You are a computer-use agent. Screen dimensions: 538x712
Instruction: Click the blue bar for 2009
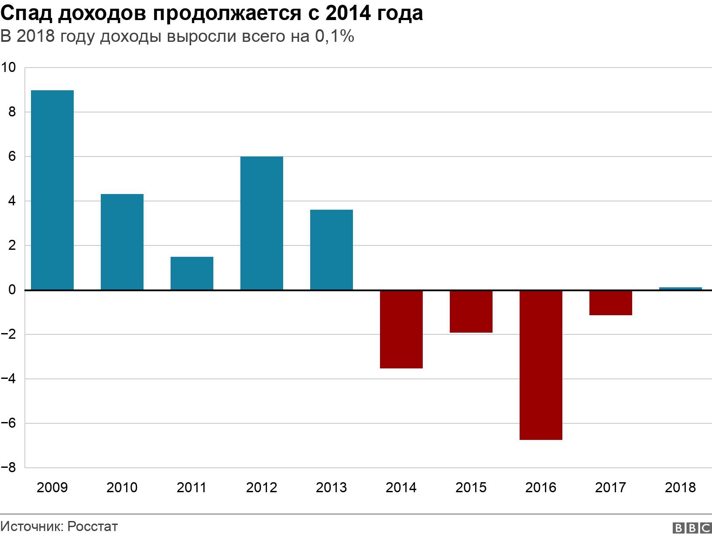52,190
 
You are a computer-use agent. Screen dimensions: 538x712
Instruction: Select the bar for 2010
122,242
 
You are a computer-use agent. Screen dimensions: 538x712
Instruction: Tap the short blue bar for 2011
192,273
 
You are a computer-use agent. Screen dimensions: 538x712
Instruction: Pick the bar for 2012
262,223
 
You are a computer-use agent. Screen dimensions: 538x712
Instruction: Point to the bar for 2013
332,250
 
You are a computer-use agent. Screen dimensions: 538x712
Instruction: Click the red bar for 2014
401,329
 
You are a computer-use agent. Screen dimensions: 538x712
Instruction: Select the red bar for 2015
471,311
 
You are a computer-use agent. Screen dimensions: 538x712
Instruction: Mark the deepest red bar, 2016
541,365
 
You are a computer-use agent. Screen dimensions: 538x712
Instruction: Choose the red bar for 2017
611,303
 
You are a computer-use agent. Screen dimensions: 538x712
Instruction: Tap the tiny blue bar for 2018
681,289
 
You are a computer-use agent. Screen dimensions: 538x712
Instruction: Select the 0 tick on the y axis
12,290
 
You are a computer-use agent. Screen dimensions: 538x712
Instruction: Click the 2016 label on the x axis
541,487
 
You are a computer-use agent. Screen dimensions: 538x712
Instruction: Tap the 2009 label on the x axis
52,487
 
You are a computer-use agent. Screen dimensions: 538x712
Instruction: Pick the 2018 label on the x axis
681,487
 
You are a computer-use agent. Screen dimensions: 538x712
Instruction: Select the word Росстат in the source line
93,526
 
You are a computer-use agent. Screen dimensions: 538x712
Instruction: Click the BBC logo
692,528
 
